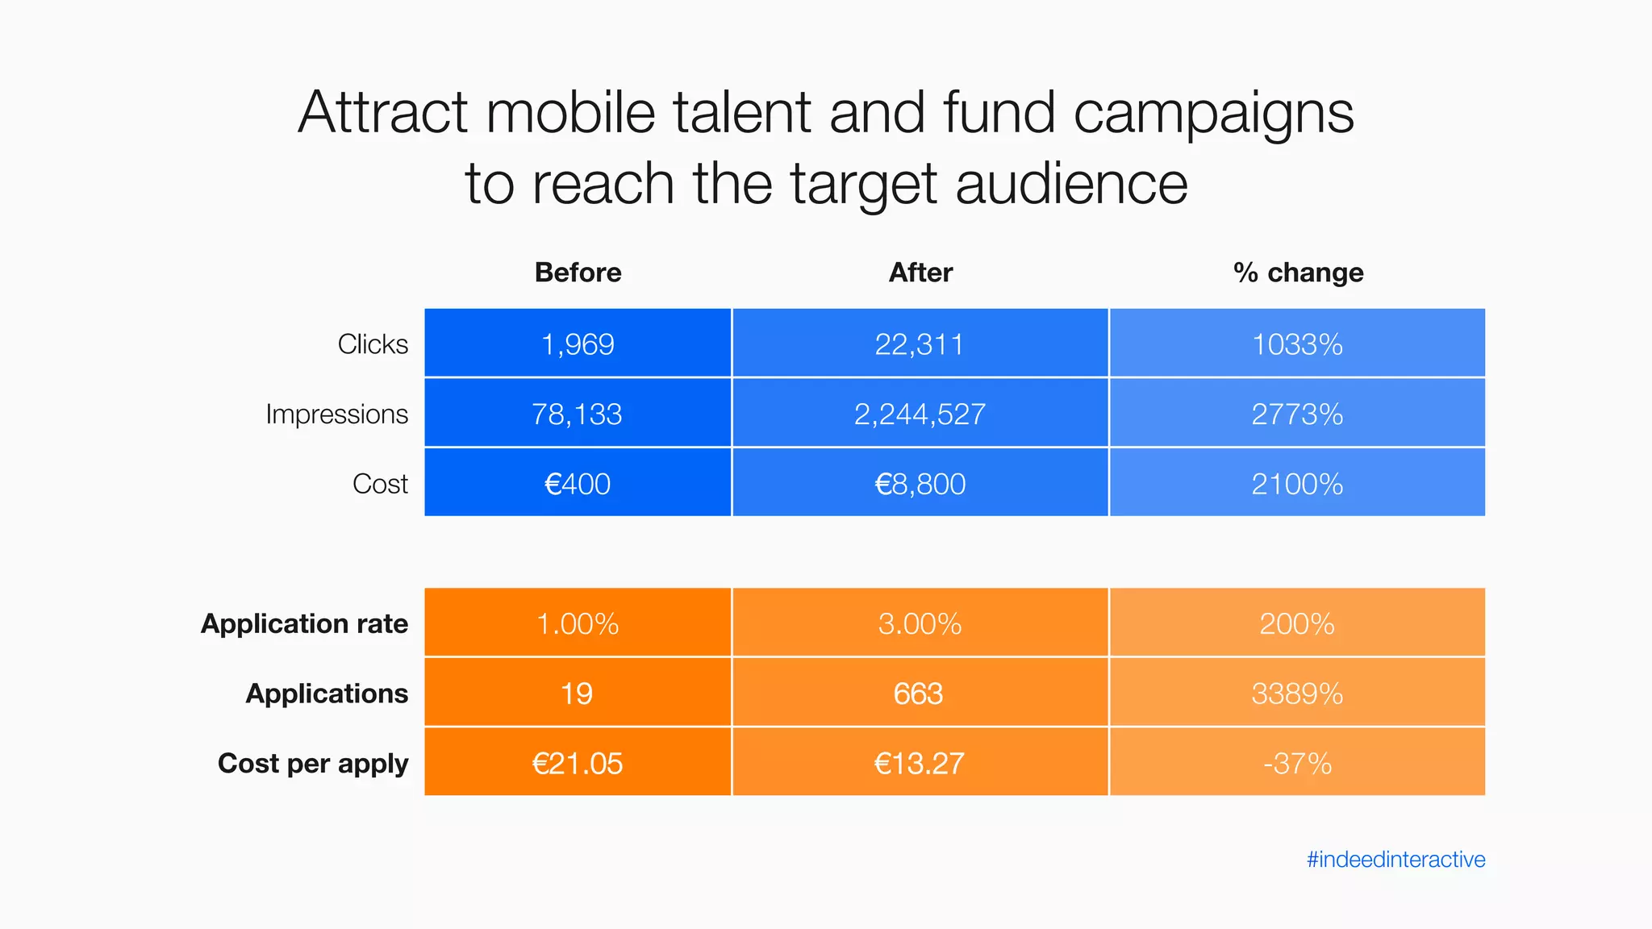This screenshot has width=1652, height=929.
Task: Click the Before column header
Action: point(578,273)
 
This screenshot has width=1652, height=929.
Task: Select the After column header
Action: point(920,273)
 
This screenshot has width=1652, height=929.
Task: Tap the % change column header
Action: point(1298,273)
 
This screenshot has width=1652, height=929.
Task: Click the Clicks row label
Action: point(373,344)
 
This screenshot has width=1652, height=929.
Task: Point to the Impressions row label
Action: point(336,414)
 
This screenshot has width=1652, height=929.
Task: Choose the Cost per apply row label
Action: point(313,763)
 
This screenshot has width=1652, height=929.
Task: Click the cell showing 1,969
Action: point(578,344)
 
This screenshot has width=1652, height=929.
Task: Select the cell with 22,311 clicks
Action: point(920,344)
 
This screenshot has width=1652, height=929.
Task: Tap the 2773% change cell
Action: point(1297,414)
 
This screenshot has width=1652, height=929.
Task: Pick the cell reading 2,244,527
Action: point(920,414)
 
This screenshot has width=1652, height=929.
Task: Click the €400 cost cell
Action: point(578,484)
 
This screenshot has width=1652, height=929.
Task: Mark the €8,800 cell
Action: point(920,484)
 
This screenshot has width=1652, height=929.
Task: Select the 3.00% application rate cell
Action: point(920,623)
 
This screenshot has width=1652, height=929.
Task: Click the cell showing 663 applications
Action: point(919,694)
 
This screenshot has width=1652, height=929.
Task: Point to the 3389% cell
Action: point(1297,694)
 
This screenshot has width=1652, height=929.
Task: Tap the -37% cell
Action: point(1297,763)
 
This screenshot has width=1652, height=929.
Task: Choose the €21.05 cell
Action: point(578,763)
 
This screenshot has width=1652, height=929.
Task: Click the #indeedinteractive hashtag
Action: point(1395,860)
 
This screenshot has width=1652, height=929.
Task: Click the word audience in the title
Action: point(1071,184)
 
